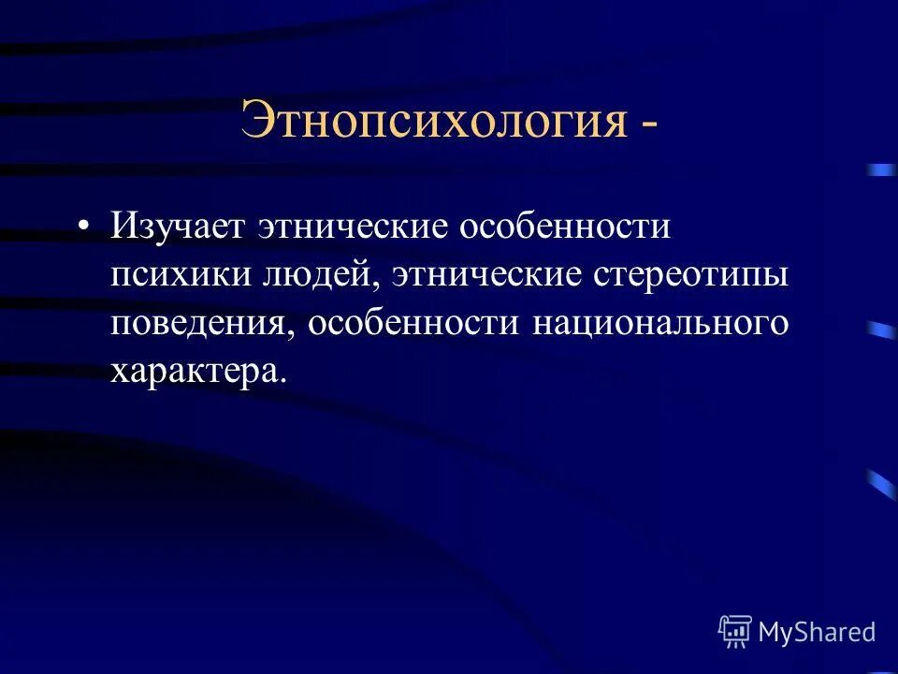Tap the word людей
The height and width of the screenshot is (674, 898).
(318, 276)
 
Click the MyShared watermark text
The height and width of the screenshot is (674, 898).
(817, 632)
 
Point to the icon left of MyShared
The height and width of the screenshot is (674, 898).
(734, 631)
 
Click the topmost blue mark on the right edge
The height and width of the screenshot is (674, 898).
(880, 170)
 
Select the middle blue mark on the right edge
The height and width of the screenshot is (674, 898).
(880, 329)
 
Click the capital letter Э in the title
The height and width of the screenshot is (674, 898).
(257, 119)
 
